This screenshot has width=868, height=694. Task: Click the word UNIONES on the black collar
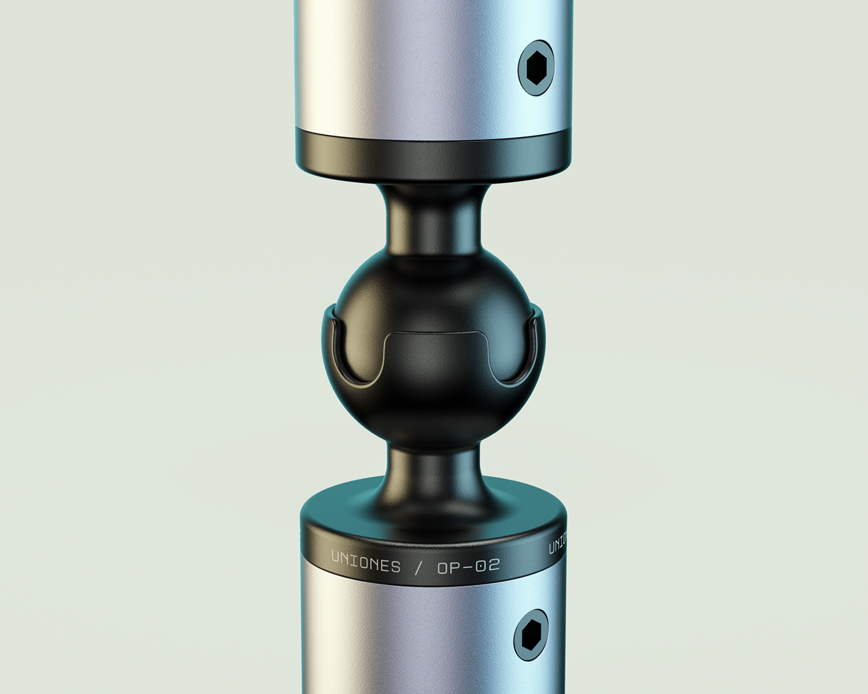[x=366, y=561]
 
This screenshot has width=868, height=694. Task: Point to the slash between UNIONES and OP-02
[x=419, y=566]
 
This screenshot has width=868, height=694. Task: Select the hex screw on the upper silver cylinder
[x=535, y=68]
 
